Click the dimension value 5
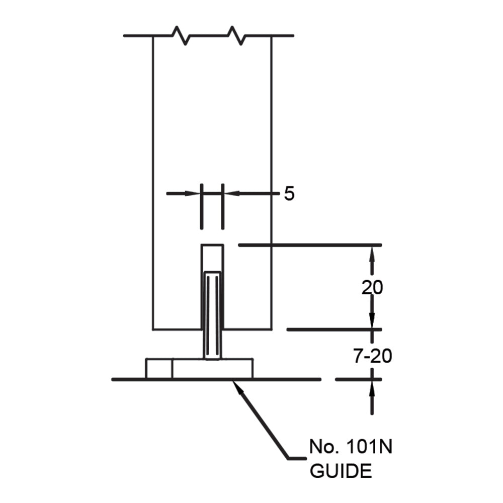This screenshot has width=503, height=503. [289, 194]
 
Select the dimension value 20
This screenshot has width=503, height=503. [372, 288]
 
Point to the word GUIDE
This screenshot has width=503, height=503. [341, 471]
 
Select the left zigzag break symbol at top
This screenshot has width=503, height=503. [180, 36]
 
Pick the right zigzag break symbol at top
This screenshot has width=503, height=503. [235, 36]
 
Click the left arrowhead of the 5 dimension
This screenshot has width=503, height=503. [194, 193]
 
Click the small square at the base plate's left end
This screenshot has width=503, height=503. [159, 368]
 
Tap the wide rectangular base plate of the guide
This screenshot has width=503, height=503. [212, 369]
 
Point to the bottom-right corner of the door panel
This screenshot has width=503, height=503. [272, 329]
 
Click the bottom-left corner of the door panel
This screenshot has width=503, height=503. [153, 329]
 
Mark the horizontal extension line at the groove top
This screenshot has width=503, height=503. [309, 245]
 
